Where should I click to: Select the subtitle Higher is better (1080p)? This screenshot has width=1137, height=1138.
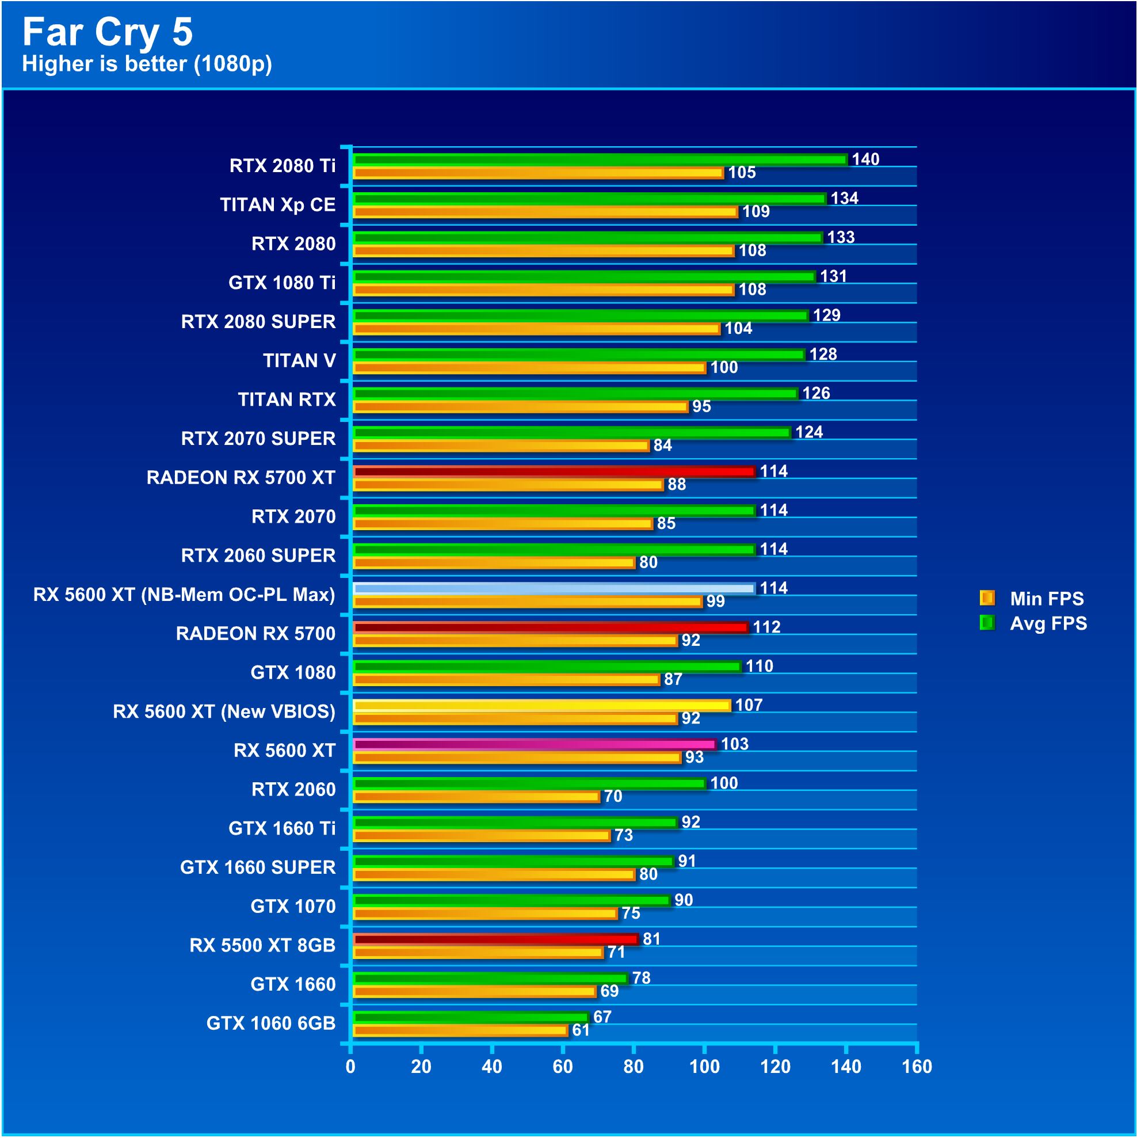coord(147,64)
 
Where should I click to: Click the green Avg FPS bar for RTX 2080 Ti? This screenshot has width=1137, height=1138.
coord(600,159)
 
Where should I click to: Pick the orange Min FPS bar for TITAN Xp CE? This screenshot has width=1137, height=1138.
coord(545,212)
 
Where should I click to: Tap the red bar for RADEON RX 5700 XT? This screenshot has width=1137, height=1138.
coord(554,471)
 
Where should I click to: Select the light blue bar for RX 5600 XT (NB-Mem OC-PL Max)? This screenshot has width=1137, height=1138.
coord(554,588)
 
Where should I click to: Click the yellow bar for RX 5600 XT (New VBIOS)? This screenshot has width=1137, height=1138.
coord(541,705)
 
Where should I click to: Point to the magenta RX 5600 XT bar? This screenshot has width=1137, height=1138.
coord(534,744)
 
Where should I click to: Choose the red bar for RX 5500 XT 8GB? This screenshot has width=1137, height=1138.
coord(495,939)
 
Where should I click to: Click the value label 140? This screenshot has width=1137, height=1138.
coord(865,159)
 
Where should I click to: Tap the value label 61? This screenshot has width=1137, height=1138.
coord(581,1030)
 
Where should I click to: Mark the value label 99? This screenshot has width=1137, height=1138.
coord(715,601)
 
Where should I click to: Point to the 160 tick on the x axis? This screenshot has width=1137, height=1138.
coord(916,1067)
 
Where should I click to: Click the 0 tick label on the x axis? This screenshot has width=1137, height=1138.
coord(350,1067)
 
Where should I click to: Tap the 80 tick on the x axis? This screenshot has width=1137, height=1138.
coord(634,1067)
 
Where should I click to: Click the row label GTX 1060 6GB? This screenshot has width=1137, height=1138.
coord(271,1023)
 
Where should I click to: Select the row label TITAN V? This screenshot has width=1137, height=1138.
coord(299,360)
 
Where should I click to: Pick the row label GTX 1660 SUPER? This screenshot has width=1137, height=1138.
coord(258,867)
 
